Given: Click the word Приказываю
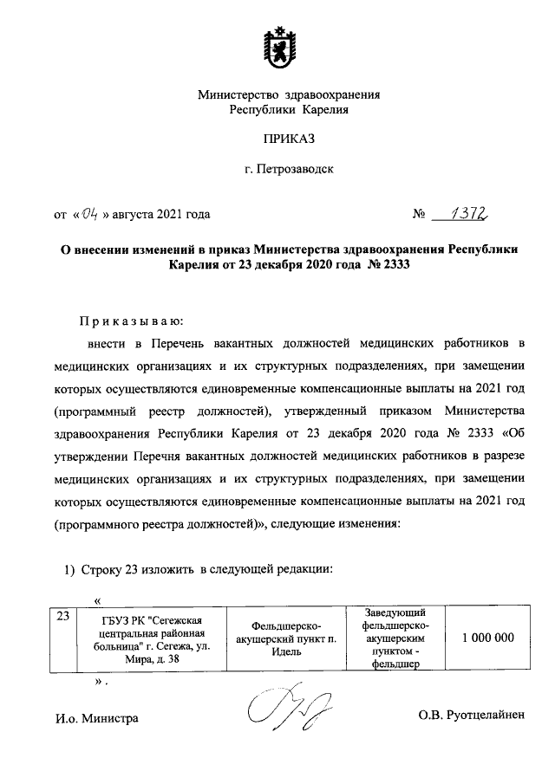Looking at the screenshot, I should [126, 320].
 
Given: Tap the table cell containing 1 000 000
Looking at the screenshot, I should [488, 638].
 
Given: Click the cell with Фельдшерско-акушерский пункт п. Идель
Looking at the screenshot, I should [286, 638].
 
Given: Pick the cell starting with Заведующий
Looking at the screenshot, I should [392, 638].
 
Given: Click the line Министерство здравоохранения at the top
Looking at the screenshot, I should [289, 94].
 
